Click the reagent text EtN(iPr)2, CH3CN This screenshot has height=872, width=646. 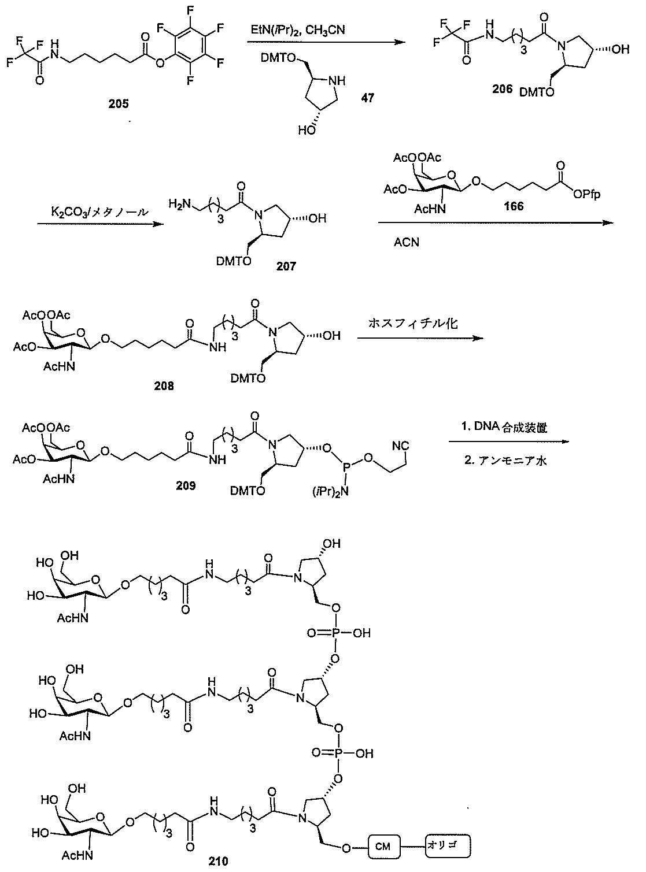pyautogui.click(x=298, y=29)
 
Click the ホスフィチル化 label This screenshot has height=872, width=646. pyautogui.click(x=412, y=324)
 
